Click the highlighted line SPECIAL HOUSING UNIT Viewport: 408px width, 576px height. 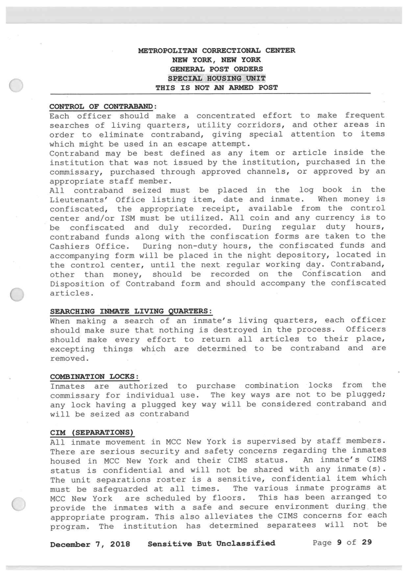click(x=217, y=77)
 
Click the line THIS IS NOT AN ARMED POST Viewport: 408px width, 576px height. click(x=217, y=87)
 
